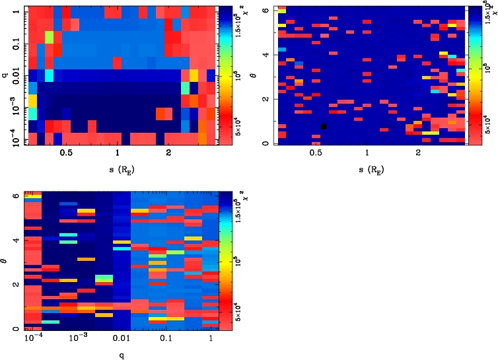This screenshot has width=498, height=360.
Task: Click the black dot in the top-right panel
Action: tap(324, 126)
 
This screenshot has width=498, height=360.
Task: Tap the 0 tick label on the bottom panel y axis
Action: tap(16, 329)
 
